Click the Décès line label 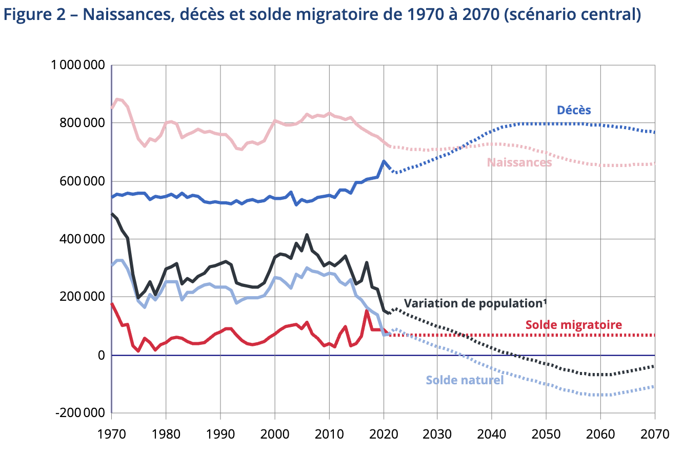(x=574, y=110)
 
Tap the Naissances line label (x=519, y=162)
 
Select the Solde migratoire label (x=573, y=324)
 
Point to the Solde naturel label (x=465, y=380)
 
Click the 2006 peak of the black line (x=307, y=235)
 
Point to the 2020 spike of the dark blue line (x=384, y=161)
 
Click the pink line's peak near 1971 (x=117, y=99)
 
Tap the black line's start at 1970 (x=112, y=214)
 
